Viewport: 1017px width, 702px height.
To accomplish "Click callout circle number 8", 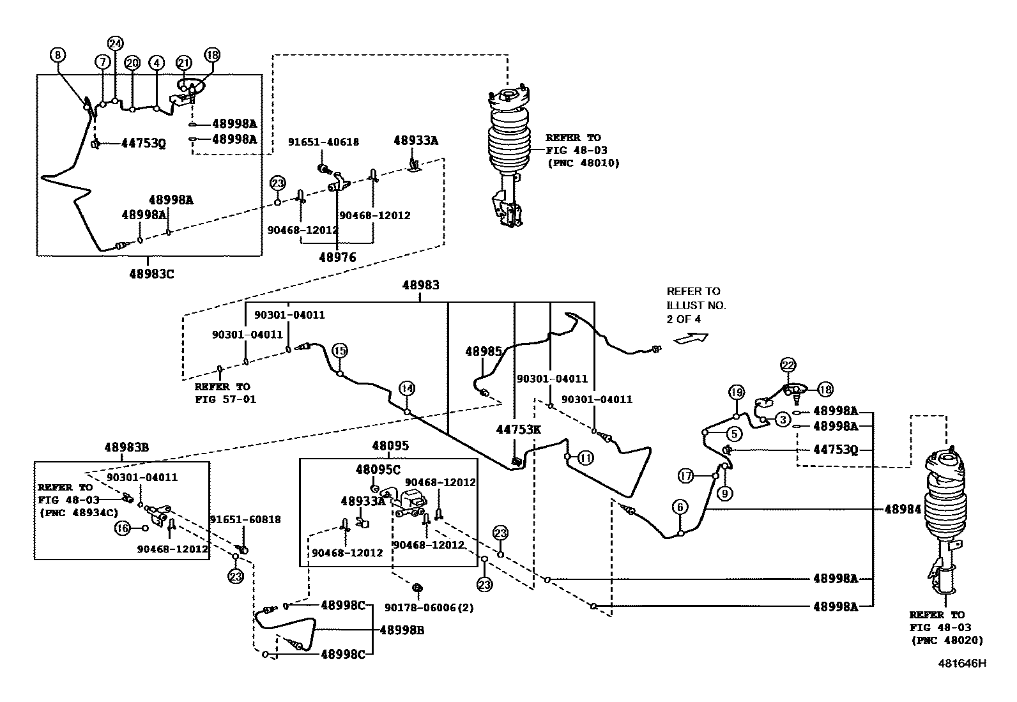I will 57,55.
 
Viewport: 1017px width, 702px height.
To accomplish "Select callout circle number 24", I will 115,43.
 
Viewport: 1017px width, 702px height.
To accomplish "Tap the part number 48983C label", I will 151,273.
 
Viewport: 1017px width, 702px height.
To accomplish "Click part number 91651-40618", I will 323,142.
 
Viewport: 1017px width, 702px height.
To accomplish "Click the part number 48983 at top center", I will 420,285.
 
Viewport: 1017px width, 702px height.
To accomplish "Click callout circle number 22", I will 788,365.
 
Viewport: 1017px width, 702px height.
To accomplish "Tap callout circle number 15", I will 340,350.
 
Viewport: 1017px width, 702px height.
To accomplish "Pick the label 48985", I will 484,351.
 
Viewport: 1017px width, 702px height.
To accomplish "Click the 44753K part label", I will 518,429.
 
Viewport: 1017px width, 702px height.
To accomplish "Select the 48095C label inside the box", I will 378,469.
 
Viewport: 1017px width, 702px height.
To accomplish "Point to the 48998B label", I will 402,630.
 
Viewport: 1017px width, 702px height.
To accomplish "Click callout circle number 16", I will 121,528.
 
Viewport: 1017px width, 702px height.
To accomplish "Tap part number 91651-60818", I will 245,519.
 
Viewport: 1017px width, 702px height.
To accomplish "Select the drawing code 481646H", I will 961,663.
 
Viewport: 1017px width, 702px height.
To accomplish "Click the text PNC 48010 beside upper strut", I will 583,163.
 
